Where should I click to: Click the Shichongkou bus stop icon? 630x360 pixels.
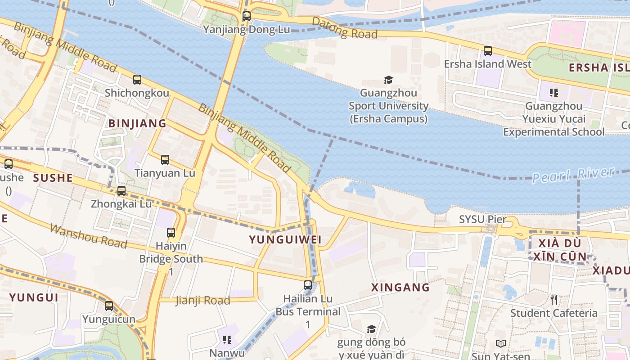[x=137, y=80]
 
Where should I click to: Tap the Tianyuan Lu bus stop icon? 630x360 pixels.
[x=165, y=159]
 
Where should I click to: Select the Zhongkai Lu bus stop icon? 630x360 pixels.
[x=121, y=190]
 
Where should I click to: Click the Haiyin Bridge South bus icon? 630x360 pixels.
[x=171, y=233]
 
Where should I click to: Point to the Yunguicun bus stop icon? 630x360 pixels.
[x=109, y=306]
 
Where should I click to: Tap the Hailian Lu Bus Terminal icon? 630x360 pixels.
[x=308, y=285]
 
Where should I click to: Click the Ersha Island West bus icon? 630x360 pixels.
[x=488, y=51]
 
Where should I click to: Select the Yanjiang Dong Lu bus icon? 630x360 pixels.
[x=247, y=16]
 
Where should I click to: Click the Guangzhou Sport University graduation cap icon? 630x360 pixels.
[x=388, y=80]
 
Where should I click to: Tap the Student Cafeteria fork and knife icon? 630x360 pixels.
[x=554, y=299]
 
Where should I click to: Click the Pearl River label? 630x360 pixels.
[x=573, y=175]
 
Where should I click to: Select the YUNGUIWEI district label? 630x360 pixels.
[x=285, y=240]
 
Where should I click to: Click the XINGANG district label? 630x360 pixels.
[x=400, y=287]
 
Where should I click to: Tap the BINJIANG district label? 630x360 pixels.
[x=137, y=123]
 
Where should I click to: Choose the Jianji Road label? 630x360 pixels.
[x=202, y=300]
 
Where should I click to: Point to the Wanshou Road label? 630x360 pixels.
[x=88, y=235]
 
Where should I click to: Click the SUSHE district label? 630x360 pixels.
[x=53, y=178]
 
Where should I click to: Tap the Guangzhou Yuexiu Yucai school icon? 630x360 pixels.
[x=554, y=93]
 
